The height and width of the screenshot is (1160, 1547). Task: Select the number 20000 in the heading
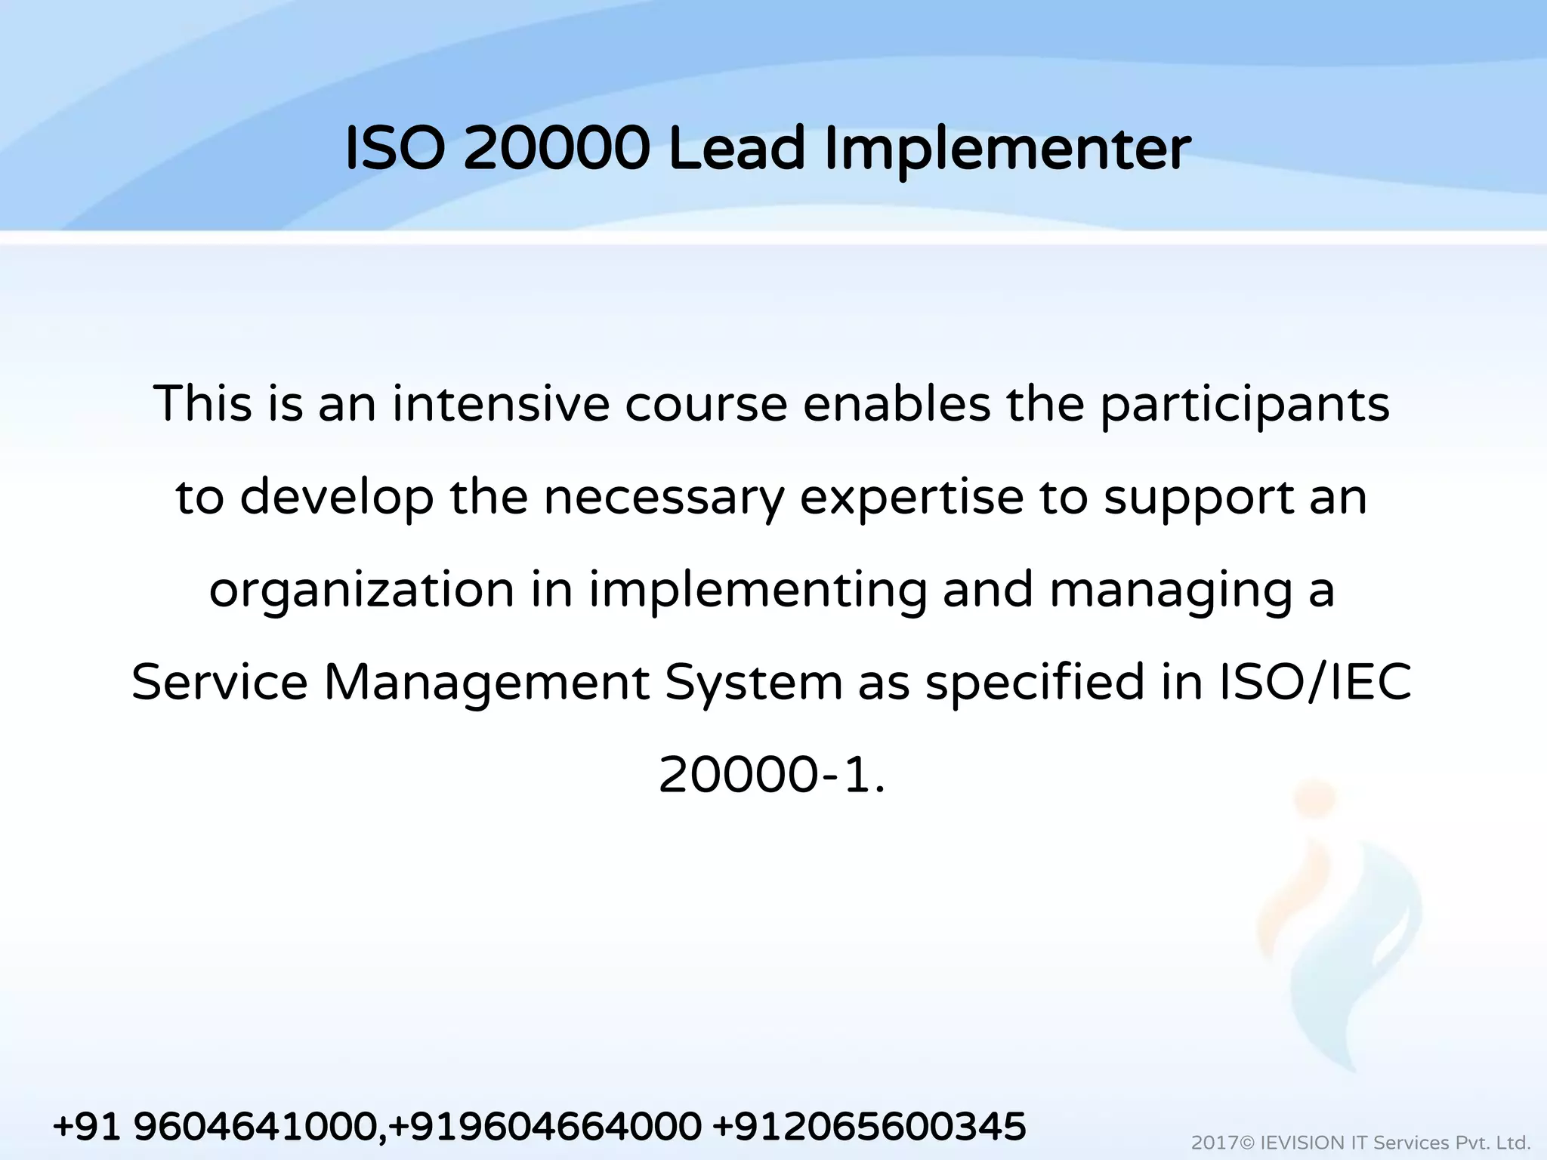tap(557, 149)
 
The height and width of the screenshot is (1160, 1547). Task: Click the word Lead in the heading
tap(737, 149)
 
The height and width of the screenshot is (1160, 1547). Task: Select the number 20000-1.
tap(770, 776)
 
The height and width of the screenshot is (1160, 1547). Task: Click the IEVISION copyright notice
tap(1360, 1143)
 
